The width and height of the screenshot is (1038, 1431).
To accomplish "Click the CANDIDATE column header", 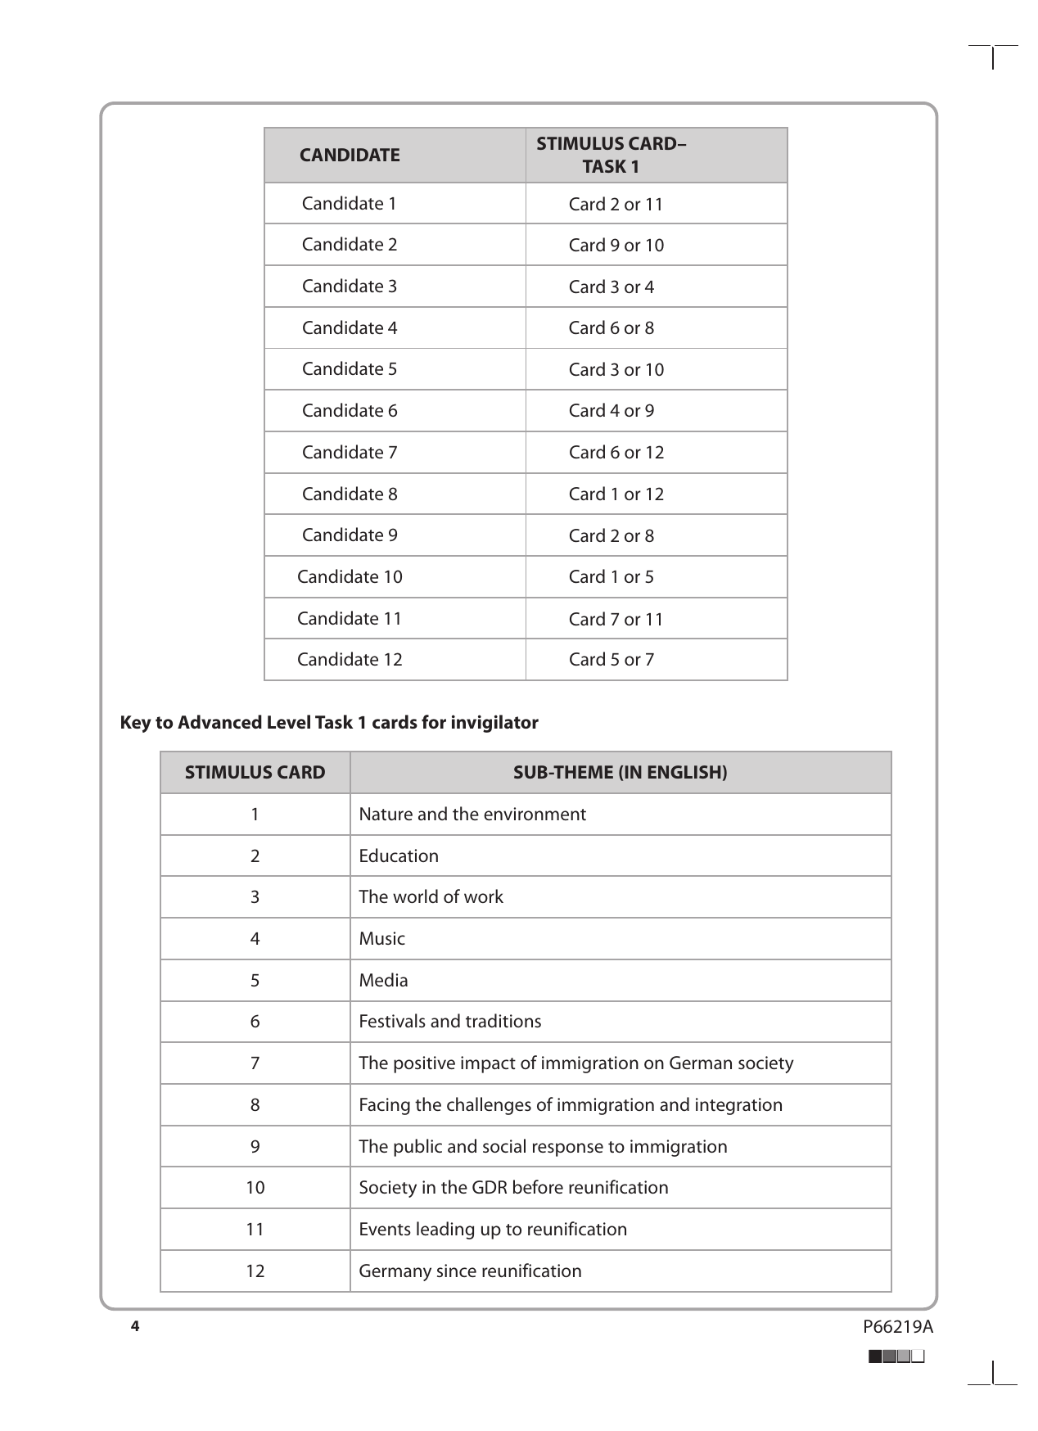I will coord(350,155).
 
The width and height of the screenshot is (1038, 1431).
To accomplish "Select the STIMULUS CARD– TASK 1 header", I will coord(611,155).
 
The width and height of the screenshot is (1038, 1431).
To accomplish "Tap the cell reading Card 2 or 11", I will coord(616,204).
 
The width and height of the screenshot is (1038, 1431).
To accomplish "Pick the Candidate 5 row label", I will coord(349,368).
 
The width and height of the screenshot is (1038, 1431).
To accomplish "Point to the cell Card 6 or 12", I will coord(616,452).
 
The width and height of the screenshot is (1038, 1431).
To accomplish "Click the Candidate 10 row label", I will coord(350,576).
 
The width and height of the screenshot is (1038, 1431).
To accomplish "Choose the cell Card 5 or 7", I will coord(612,659).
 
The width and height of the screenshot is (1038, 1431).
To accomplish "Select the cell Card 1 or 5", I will coord(612,576).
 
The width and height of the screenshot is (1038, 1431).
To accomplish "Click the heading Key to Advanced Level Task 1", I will coord(329,722).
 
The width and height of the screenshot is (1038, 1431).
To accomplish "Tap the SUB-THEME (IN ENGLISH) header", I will coord(620,772).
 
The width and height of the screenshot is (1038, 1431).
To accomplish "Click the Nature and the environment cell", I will coord(472,814).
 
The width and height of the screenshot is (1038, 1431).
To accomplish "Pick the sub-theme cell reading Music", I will coord(381,938).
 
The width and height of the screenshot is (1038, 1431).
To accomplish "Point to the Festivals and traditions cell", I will coord(449,1021).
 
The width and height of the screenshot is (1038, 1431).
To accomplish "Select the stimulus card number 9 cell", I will coord(255,1146).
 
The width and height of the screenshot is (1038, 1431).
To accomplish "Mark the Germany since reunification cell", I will coord(470,1271).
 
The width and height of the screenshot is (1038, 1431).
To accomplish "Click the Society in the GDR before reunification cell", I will coord(513,1187).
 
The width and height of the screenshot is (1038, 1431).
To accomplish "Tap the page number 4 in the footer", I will coord(135,1326).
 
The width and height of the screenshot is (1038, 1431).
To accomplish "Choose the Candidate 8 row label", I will coord(350,494).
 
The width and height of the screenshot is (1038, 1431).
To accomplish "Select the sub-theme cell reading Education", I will coord(399,855).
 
